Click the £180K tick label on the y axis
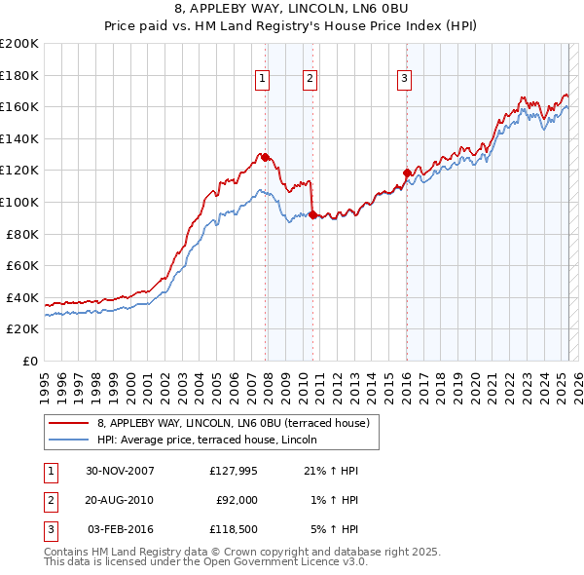(20, 75)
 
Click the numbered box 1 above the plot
(263, 80)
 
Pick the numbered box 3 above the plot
(404, 80)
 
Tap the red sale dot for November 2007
(266, 157)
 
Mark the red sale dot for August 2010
(312, 214)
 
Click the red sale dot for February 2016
(407, 172)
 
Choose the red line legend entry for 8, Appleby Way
(233, 424)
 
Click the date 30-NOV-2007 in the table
(121, 471)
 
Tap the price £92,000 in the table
(237, 500)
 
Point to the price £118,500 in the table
(234, 529)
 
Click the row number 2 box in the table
(48, 500)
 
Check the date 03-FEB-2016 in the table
(121, 529)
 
